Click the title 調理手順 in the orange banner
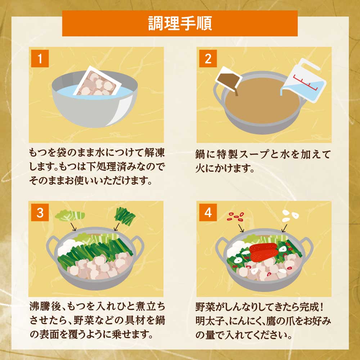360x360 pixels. tap(180, 23)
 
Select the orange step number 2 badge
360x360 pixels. tap(208, 59)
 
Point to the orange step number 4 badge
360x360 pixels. tap(208, 213)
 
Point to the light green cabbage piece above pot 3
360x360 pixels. tap(70, 215)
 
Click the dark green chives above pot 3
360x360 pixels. tap(125, 216)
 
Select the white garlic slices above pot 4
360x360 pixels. tap(290, 215)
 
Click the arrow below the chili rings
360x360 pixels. tap(241, 228)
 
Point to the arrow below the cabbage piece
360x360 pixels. tap(73, 226)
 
